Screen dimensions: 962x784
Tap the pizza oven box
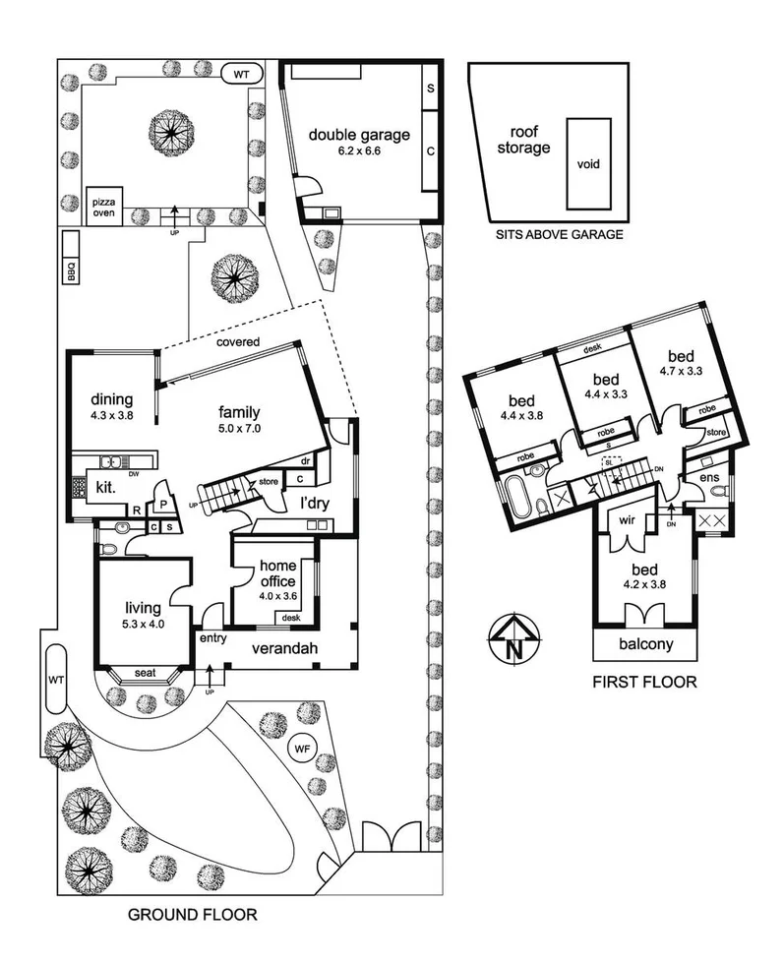[x=103, y=205]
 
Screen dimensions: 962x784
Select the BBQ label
[x=71, y=271]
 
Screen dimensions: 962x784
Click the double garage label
[x=358, y=136]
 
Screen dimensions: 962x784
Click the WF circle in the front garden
[x=301, y=750]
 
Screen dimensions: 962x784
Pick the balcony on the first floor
[x=645, y=645]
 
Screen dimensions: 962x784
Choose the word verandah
[x=288, y=649]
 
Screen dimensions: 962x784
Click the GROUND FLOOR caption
[x=193, y=915]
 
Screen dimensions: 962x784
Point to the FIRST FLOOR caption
[x=645, y=682]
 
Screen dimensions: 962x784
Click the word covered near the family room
[x=239, y=342]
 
